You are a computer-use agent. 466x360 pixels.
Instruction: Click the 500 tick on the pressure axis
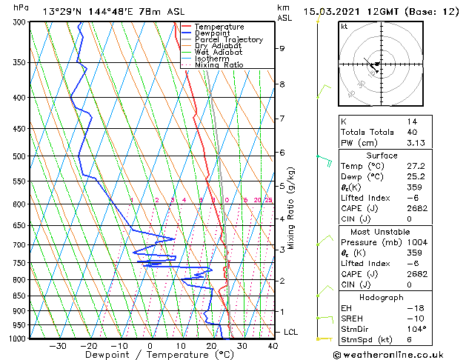(20, 156)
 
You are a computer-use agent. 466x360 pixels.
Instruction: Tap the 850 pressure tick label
(20, 296)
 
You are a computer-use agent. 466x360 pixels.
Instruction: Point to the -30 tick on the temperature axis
(58, 345)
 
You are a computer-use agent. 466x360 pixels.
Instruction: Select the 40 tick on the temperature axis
(273, 345)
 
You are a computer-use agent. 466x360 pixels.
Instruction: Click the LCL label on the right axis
(291, 333)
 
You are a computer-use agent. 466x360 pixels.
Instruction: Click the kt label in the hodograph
(344, 26)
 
